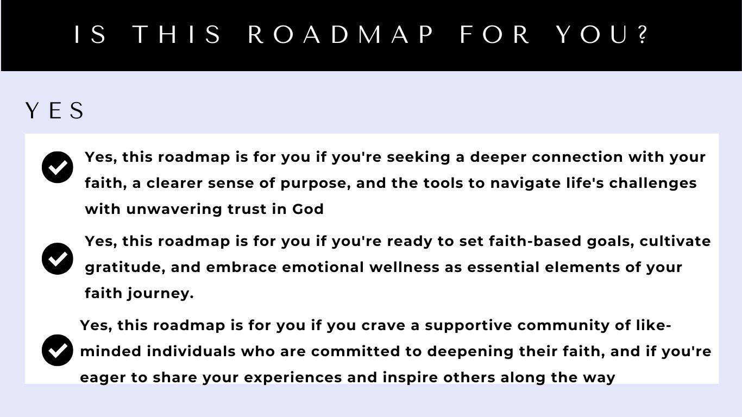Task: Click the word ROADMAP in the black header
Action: (341, 35)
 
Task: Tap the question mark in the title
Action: (644, 35)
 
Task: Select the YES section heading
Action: (55, 111)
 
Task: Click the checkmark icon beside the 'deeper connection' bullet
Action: (58, 167)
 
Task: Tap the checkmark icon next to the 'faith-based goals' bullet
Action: (58, 258)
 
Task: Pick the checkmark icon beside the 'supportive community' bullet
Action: (58, 350)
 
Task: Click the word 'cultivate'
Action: (675, 241)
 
